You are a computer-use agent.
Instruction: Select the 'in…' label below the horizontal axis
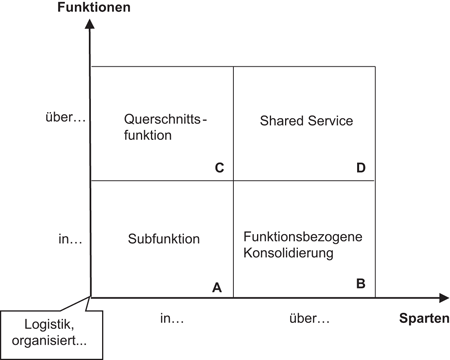[x=172, y=319]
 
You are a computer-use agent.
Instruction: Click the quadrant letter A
[x=217, y=286]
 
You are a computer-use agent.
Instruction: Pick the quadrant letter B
[x=360, y=285]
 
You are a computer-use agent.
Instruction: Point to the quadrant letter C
[x=218, y=167]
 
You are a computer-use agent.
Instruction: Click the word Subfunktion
[x=164, y=239]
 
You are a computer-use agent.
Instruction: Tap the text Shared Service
[x=307, y=120]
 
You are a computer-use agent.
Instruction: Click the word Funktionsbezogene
[x=302, y=236]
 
